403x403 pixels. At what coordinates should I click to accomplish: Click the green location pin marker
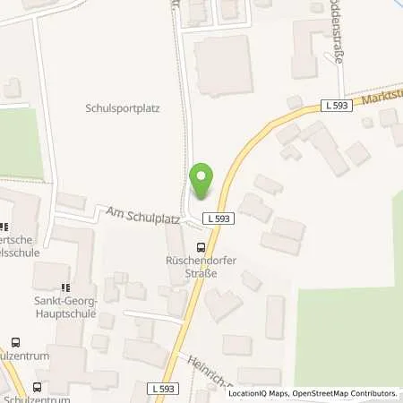tap(201, 182)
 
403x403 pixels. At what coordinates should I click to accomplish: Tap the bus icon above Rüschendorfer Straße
tap(200, 248)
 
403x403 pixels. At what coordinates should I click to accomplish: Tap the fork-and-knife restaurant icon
tap(4, 228)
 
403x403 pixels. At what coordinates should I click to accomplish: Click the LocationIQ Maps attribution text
tap(258, 393)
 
